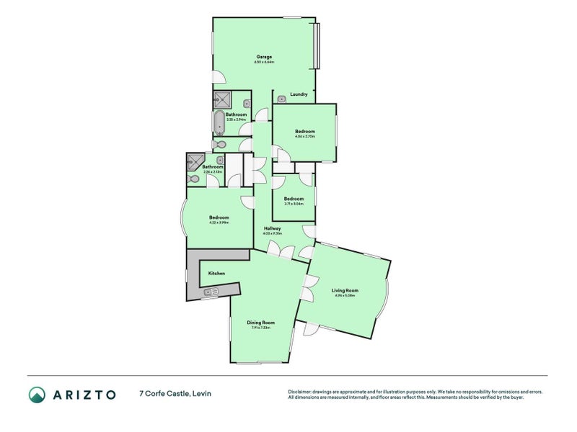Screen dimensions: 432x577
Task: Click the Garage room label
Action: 265,56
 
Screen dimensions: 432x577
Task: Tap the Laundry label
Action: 299,94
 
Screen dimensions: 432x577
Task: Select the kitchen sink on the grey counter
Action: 211,292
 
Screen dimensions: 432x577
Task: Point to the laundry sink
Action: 282,99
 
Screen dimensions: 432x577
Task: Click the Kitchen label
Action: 216,274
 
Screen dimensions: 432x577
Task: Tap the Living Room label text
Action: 345,290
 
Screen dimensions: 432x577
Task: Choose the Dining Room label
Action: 261,323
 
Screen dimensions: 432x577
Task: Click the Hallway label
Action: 272,228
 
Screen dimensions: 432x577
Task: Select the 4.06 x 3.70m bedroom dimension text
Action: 304,137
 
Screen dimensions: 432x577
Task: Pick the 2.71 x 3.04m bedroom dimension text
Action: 294,204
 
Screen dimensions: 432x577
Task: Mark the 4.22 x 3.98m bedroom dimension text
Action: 219,222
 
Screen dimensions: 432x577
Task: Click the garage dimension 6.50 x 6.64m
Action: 265,62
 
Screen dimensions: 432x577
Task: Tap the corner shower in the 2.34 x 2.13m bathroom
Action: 195,161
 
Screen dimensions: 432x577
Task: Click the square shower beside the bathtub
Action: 222,99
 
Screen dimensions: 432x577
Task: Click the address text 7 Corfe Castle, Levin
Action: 175,394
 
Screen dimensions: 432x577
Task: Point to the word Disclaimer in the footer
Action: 301,392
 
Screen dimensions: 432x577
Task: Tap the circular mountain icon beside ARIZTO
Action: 37,394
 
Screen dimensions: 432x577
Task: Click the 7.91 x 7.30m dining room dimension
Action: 261,328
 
